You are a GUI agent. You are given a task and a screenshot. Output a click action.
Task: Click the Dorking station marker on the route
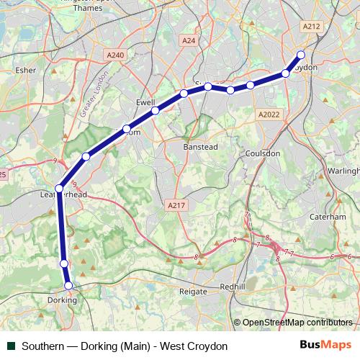[69, 286]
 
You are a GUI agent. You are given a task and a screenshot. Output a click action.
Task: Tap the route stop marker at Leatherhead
[59, 189]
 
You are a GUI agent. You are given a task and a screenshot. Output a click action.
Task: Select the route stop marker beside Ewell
[155, 111]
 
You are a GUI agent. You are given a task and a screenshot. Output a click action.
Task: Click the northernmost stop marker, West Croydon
[301, 55]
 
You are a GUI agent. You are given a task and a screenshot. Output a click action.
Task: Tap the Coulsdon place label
[261, 153]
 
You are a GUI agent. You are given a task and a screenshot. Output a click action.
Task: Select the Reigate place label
[193, 292]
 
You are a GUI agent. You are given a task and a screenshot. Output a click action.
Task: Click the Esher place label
[25, 71]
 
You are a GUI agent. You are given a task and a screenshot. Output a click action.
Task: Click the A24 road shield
[189, 41]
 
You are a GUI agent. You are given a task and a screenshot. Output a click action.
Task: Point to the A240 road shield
[114, 55]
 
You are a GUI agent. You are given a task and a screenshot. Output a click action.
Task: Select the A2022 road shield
[268, 114]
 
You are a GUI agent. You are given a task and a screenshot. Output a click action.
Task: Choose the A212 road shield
[311, 26]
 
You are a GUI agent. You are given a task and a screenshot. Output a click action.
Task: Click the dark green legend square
[11, 346]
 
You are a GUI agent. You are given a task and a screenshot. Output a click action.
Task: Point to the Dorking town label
[62, 299]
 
